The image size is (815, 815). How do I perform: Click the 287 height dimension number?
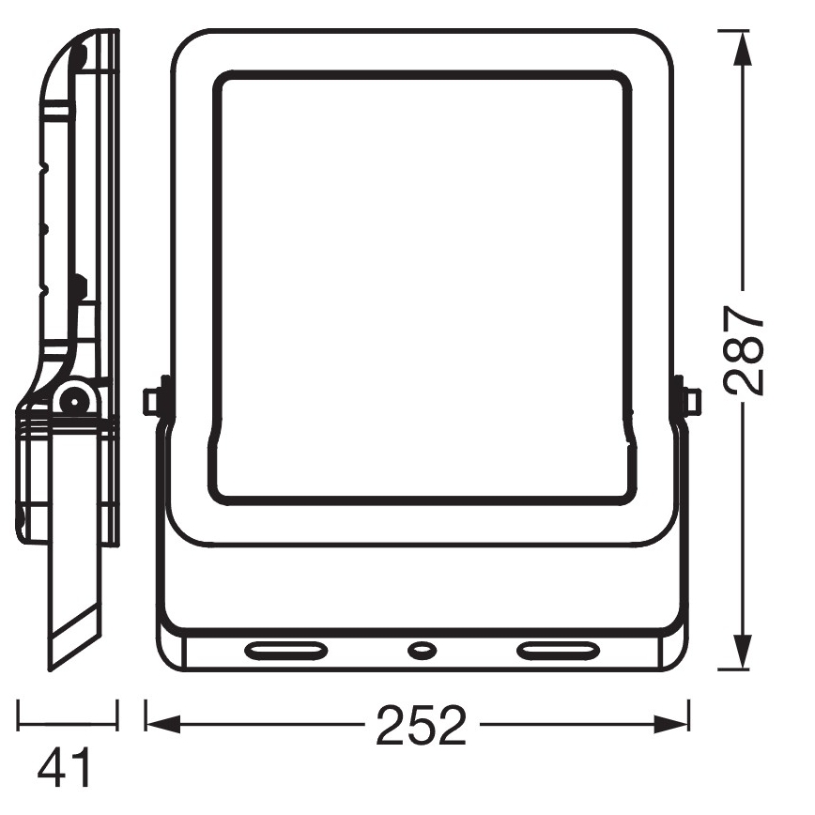[744, 349]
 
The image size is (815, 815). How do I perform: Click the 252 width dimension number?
[421, 726]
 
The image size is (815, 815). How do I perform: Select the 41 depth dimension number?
[64, 768]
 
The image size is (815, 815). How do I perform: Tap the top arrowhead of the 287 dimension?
[743, 48]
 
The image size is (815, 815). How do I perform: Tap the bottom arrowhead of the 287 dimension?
[743, 652]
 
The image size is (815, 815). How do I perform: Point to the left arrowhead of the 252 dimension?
[163, 724]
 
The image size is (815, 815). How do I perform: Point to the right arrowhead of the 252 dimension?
[671, 724]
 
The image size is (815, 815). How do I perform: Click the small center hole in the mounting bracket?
[422, 649]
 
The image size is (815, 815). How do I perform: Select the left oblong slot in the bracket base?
[285, 650]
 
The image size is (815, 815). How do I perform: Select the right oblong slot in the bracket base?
[558, 650]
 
